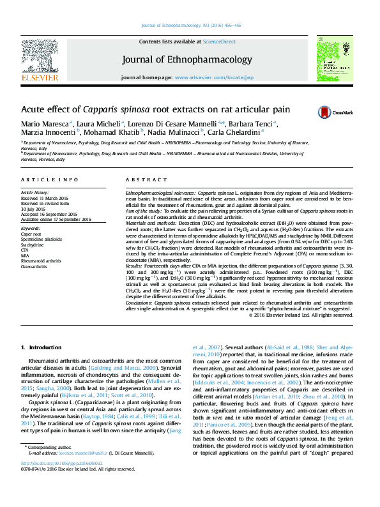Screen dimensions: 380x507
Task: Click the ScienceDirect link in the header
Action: click(x=219, y=42)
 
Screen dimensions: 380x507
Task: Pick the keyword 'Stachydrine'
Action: click(x=33, y=245)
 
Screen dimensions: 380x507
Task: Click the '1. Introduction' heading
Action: click(x=42, y=347)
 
